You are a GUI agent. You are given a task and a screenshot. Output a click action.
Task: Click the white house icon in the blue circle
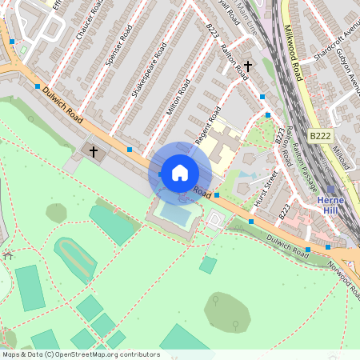pos(180,172)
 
